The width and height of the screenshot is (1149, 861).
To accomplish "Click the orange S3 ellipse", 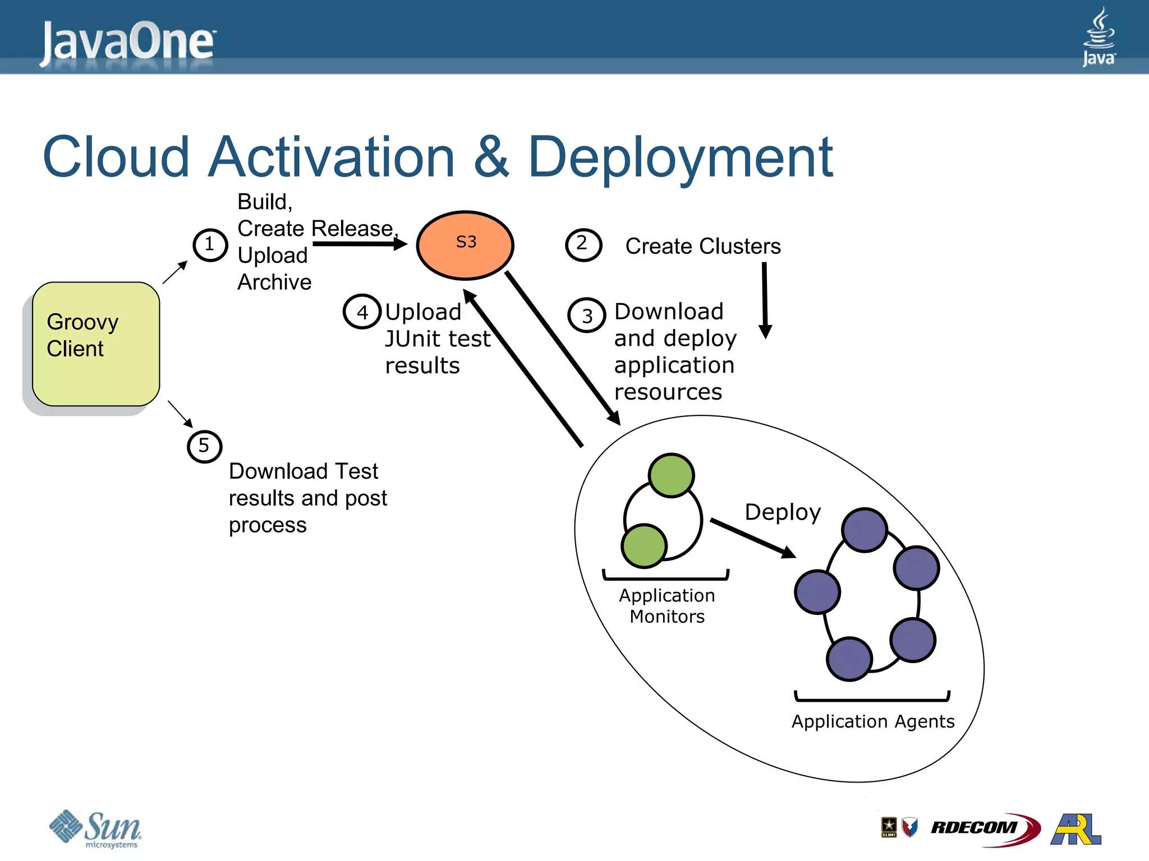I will [465, 245].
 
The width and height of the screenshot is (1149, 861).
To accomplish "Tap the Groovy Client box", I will [96, 344].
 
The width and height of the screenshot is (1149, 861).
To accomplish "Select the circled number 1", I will [210, 245].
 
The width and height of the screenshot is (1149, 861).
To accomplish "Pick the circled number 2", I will [583, 245].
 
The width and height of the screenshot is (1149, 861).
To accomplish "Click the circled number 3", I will [587, 316].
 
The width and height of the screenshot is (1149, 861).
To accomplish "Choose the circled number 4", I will [362, 312].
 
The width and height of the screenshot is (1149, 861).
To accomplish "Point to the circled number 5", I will [204, 446].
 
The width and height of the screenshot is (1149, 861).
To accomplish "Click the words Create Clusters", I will [702, 246].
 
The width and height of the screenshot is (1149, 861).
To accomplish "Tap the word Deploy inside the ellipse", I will [782, 512].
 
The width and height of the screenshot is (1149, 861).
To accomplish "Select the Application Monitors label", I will [667, 606].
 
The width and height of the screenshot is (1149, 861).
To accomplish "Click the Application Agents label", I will [872, 721].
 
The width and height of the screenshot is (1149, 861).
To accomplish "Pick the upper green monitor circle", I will [671, 475].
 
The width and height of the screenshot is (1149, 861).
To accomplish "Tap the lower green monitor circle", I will [644, 545].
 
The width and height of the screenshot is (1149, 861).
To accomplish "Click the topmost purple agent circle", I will [865, 530].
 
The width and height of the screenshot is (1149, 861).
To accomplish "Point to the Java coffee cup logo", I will [1099, 36].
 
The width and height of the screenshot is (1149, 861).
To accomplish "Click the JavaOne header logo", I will [128, 42].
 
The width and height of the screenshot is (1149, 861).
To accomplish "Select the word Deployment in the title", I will [680, 158].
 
